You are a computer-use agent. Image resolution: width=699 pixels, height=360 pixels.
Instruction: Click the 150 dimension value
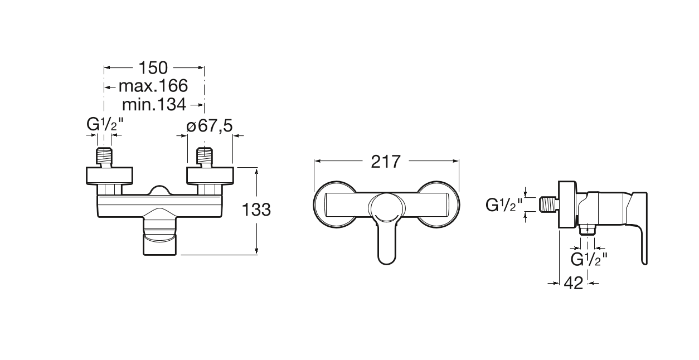(153, 67)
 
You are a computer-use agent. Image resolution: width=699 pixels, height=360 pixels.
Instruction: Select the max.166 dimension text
(153, 86)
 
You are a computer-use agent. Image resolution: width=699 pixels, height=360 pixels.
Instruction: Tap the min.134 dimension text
(154, 105)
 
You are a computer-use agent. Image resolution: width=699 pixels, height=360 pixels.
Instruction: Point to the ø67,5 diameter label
(210, 126)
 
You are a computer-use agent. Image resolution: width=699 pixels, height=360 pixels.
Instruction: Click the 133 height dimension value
(256, 210)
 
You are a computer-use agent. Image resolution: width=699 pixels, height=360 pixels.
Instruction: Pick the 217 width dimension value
(386, 162)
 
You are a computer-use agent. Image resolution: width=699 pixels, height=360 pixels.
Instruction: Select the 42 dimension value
(573, 283)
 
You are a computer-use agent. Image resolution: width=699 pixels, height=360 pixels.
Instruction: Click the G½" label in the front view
(105, 125)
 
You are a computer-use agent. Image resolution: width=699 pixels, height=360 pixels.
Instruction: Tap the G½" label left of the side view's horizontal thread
(504, 205)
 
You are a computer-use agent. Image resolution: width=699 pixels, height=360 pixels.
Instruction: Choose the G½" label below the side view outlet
(589, 259)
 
